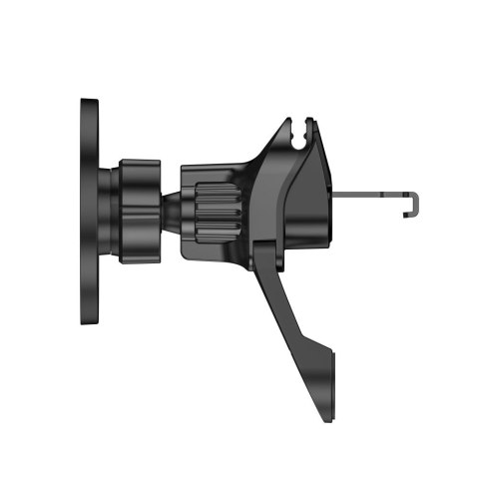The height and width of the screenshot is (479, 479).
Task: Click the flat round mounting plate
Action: pos(89,213)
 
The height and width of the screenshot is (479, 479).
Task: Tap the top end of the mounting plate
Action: pos(89,103)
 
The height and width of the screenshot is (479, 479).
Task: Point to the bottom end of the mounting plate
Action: pos(89,321)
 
